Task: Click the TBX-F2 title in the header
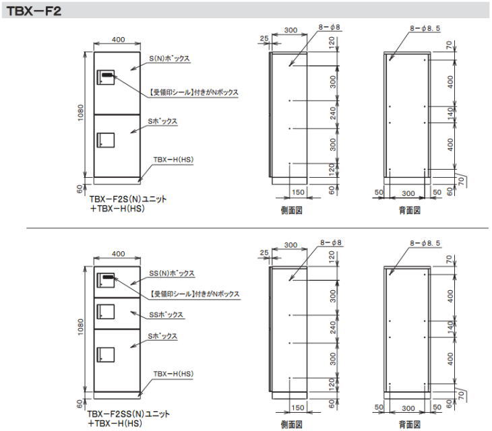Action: [x=34, y=11]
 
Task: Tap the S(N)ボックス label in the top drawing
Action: [x=169, y=59]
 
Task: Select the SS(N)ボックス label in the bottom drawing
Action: [x=172, y=273]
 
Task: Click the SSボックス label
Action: [x=166, y=314]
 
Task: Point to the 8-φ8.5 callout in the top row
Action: [x=425, y=28]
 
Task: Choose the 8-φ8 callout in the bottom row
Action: [x=331, y=242]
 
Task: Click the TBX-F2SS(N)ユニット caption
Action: [x=128, y=413]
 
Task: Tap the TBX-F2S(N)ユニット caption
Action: [x=128, y=199]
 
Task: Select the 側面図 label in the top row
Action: [x=292, y=210]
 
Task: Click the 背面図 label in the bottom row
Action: [x=410, y=425]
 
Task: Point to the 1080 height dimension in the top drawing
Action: [x=81, y=113]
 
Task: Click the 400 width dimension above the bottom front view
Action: [x=119, y=254]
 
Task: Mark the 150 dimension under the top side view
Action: [x=298, y=192]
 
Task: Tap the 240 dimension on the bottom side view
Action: [x=333, y=327]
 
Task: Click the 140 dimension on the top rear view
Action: [x=451, y=114]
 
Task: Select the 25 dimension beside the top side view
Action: [x=264, y=38]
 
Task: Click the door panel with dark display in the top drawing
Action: [x=106, y=77]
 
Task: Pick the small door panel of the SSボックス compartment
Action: [x=106, y=312]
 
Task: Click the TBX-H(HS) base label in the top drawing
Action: [x=173, y=159]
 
